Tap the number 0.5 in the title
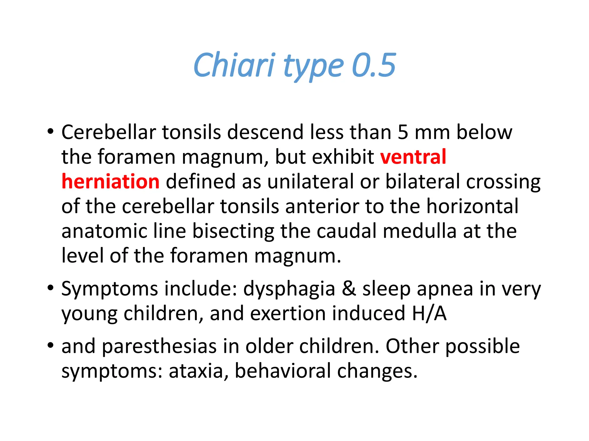374,65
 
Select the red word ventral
413,157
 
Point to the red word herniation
110,182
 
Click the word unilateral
311,182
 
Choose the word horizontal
473,206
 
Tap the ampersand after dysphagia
349,289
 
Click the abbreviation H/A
429,313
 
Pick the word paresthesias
159,347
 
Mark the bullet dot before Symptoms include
51,288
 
